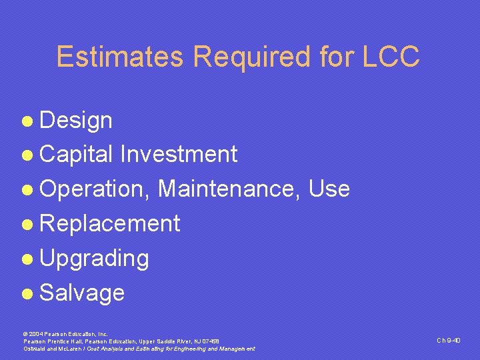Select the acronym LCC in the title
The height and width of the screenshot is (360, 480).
tap(392, 57)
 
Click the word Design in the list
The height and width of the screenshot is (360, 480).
tap(76, 121)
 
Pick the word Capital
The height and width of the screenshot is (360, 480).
tap(77, 155)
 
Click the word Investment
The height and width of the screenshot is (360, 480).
tap(178, 155)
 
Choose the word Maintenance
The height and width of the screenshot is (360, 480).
tap(229, 189)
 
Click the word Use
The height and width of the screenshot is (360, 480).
tap(329, 189)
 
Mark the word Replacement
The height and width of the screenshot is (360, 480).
tap(110, 224)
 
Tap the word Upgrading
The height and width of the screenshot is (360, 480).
tap(94, 259)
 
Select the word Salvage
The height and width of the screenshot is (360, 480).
tap(82, 293)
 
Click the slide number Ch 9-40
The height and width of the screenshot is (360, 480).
tap(449, 341)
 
